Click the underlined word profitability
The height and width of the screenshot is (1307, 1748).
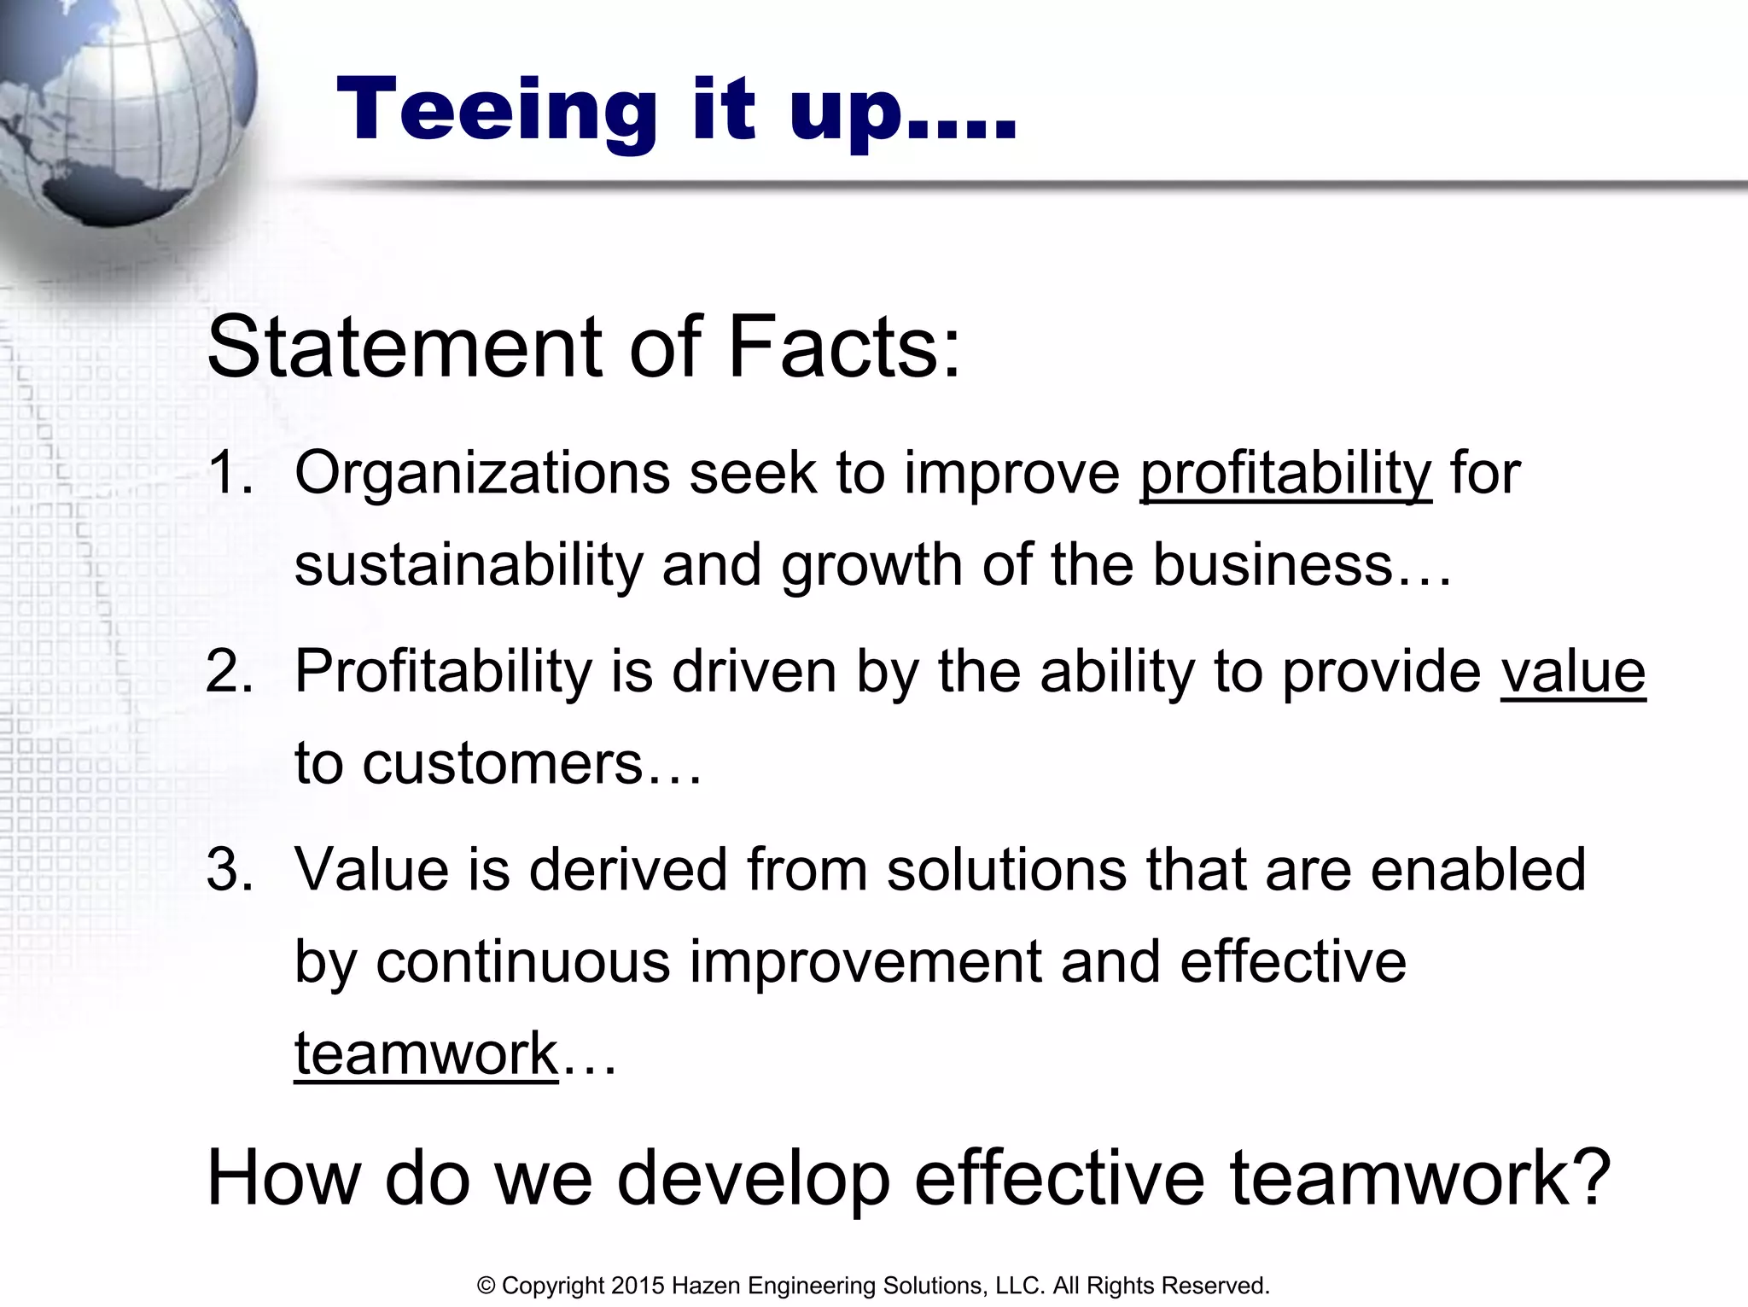click(1285, 474)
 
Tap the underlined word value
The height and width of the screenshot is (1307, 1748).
click(1572, 671)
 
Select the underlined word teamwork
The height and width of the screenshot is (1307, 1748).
click(426, 1053)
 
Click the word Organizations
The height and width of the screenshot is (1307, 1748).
click(482, 474)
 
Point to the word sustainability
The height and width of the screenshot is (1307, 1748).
click(468, 565)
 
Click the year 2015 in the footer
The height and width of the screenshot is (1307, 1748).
click(638, 1286)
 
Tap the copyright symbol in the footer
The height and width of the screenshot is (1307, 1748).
click(487, 1286)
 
